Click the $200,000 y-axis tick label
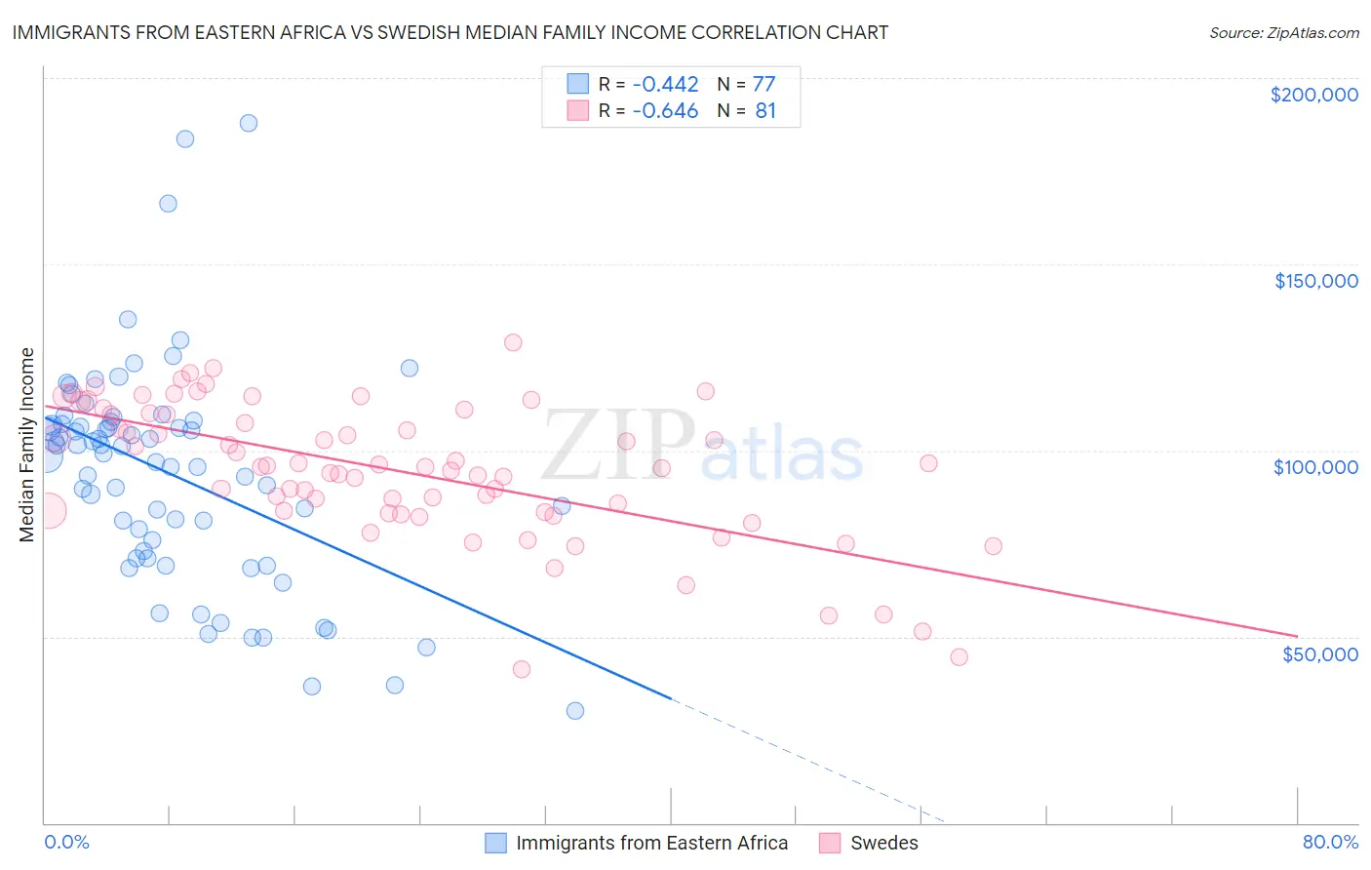[x=1313, y=95]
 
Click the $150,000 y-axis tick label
[x=1315, y=281]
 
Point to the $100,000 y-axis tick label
[x=1315, y=467]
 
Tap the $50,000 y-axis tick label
[x=1319, y=653]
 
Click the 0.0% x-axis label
[x=66, y=842]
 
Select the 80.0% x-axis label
[x=1330, y=842]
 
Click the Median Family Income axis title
[x=26, y=444]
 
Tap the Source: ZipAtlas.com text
[x=1283, y=32]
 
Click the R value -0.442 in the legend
[x=665, y=84]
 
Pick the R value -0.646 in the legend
[x=665, y=111]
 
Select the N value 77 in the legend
[x=764, y=84]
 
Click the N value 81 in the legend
[x=765, y=111]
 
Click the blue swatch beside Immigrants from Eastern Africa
[x=496, y=843]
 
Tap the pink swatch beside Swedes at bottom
[x=830, y=843]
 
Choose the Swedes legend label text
[x=883, y=843]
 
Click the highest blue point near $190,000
[x=249, y=123]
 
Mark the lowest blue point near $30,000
[x=575, y=710]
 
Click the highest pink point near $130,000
[x=513, y=342]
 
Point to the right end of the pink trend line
[x=1296, y=636]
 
